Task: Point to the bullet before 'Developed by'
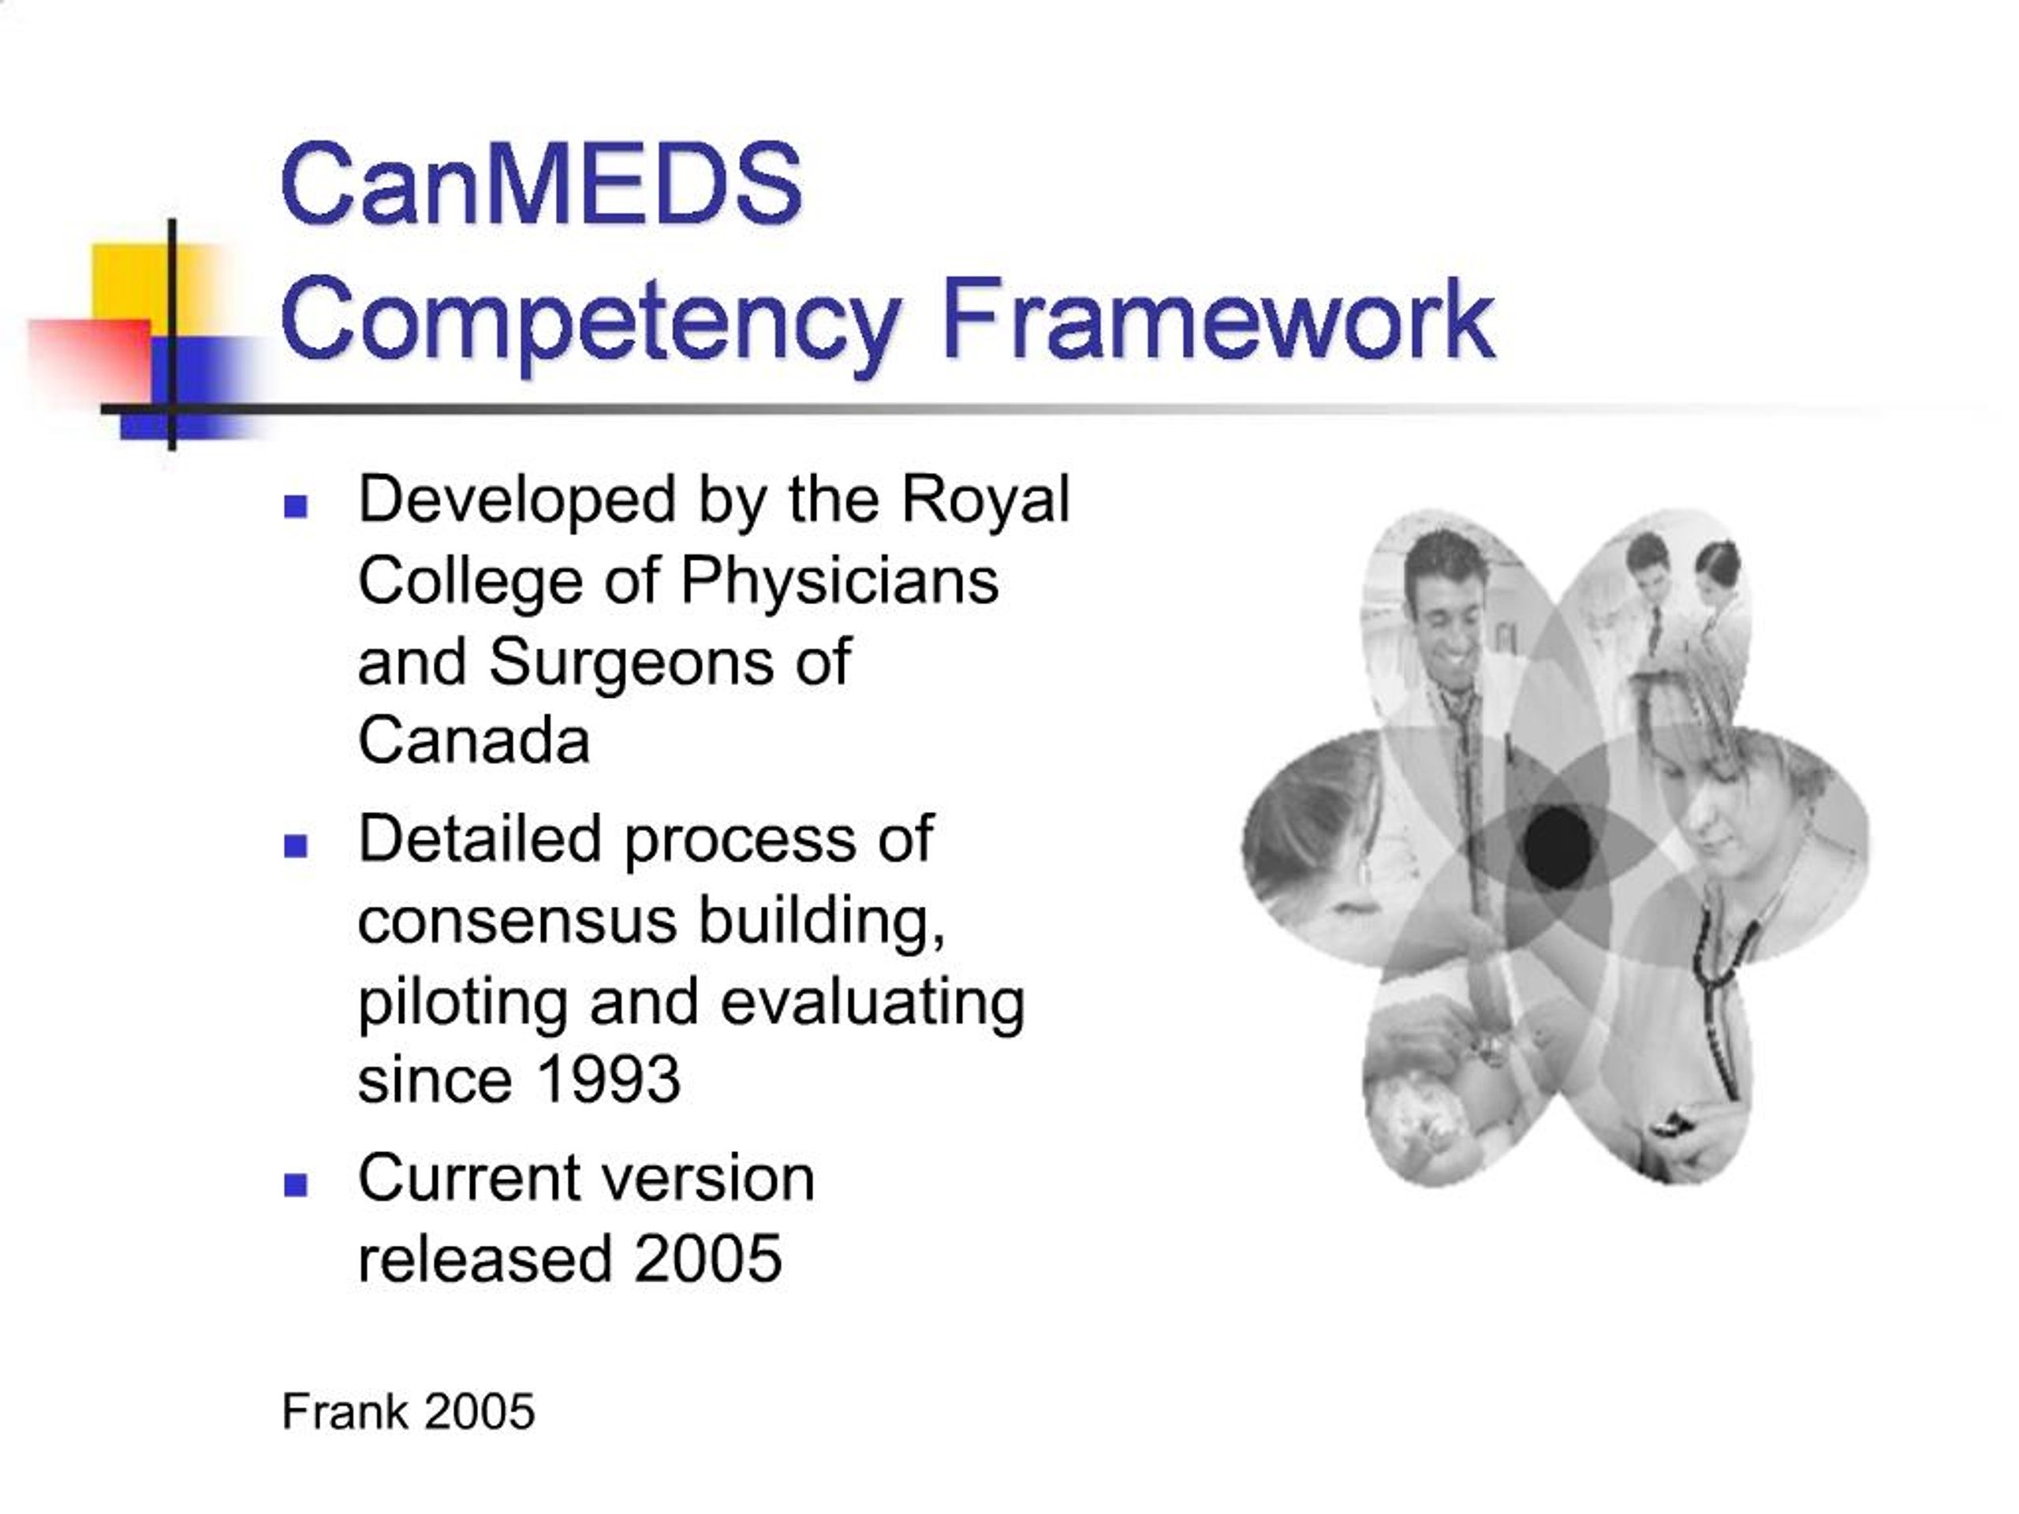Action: [x=296, y=506]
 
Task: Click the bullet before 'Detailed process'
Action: [x=296, y=846]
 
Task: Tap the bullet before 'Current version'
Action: [x=296, y=1184]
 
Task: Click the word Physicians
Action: [x=839, y=582]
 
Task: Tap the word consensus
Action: [x=517, y=921]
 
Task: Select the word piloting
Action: [x=463, y=1003]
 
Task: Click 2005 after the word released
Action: [x=707, y=1259]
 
